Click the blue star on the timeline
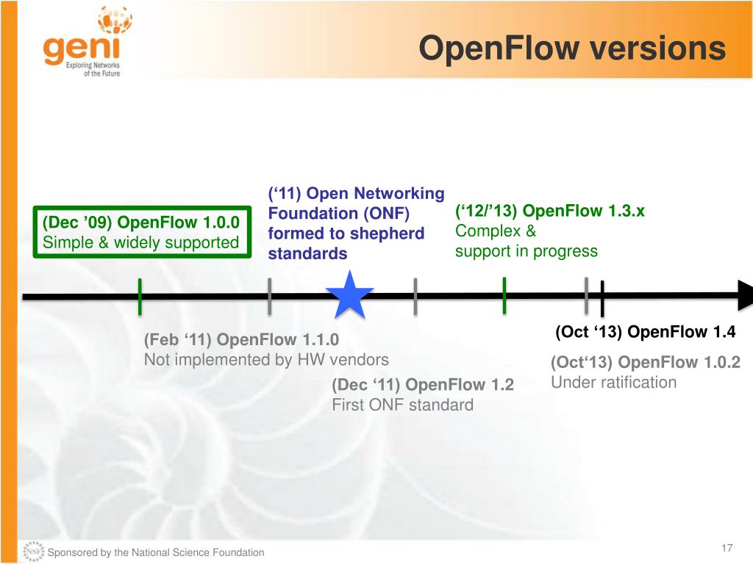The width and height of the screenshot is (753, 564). point(349,296)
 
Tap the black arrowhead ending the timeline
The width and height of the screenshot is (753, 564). point(744,295)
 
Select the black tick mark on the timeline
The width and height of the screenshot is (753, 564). point(602,299)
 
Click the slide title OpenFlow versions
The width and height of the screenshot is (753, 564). point(571,48)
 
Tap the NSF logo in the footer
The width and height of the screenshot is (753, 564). point(33,552)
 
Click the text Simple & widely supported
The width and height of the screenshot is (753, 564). point(141,242)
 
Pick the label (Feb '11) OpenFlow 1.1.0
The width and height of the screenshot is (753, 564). point(241,340)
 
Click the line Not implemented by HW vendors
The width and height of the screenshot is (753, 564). point(266,360)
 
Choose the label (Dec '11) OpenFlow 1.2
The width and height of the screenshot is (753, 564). point(423,385)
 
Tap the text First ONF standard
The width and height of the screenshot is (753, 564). point(403,405)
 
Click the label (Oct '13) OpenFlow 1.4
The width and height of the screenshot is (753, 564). point(645,332)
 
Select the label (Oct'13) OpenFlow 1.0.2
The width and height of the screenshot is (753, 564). point(645,362)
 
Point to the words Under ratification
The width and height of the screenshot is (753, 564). point(613,382)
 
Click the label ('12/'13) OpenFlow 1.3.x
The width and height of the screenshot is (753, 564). point(550,211)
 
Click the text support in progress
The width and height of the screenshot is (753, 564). point(527,251)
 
